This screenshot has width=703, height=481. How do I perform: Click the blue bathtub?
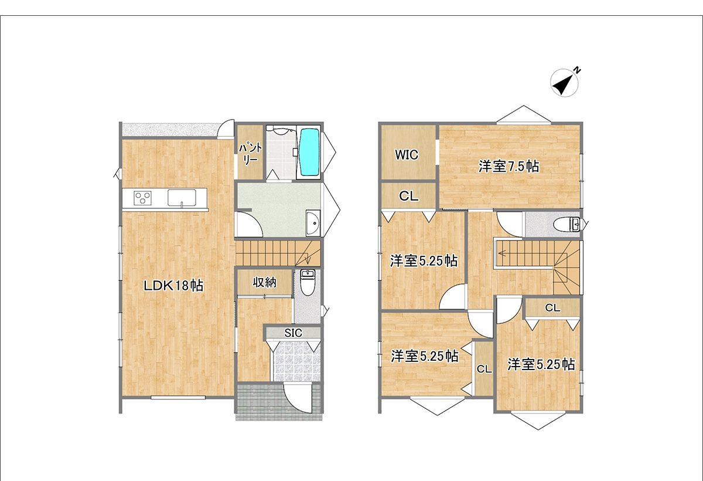(309, 153)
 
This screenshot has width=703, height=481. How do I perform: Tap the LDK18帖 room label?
(173, 286)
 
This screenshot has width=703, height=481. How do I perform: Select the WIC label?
(407, 155)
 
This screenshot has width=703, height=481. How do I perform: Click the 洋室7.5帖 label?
(509, 167)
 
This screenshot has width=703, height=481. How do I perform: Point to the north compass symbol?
(564, 83)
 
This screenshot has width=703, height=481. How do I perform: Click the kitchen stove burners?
(142, 198)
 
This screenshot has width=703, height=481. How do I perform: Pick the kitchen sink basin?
(182, 198)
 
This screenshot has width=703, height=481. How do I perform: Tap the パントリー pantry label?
(250, 154)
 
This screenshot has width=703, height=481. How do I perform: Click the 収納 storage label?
(265, 283)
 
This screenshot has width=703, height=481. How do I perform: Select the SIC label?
(293, 333)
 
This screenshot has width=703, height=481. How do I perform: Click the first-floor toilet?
(307, 282)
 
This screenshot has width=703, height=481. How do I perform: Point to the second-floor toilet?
(567, 224)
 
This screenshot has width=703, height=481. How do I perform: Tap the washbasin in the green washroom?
(313, 223)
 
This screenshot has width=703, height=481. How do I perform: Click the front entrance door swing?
(298, 398)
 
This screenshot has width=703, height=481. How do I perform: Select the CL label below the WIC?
(409, 197)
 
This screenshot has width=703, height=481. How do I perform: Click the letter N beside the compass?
(577, 70)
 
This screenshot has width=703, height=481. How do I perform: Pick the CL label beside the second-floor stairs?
(552, 307)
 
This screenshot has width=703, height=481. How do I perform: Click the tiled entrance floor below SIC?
(297, 361)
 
